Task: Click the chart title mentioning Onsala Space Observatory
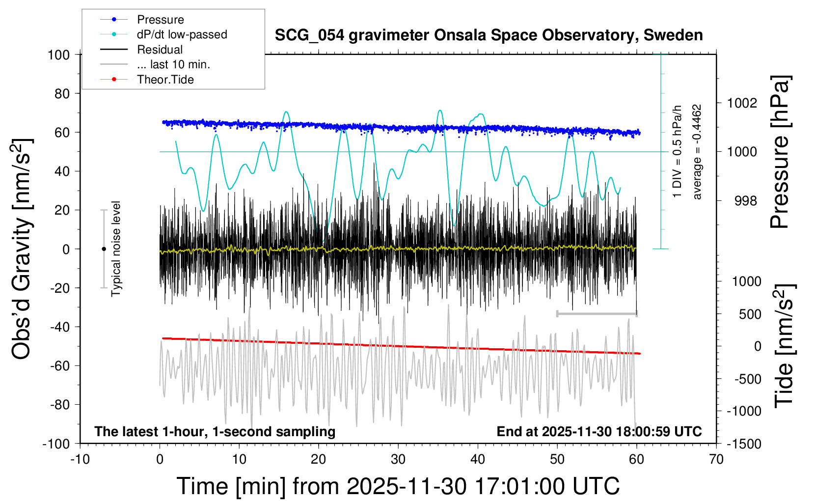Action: pos(489,35)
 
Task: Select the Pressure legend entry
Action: pos(160,20)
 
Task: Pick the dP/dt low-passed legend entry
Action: pos(182,34)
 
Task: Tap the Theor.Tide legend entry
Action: pos(165,80)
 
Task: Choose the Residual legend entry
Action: pos(160,50)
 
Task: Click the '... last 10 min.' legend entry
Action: pos(173,64)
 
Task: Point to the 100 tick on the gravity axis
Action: pos(58,55)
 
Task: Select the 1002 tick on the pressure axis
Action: pos(742,103)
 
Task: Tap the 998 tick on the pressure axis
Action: pos(746,201)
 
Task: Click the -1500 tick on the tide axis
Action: pos(743,444)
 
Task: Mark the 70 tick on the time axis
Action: pos(716,460)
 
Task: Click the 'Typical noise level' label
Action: pos(116,249)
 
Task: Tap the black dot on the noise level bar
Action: pos(104,249)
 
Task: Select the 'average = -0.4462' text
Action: pos(697,152)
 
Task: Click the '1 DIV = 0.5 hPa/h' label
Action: pos(678,152)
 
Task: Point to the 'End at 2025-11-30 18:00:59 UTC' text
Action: pos(599,432)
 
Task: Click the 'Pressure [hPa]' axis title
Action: pos(780,152)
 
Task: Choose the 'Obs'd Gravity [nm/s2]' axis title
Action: pos(22,249)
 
